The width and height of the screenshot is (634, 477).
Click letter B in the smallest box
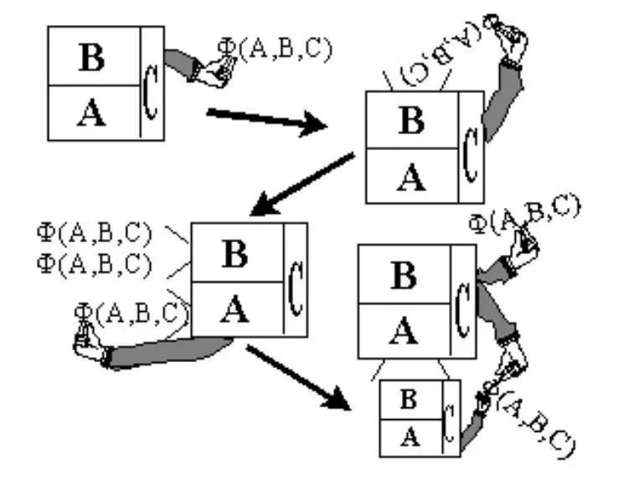coord(408,400)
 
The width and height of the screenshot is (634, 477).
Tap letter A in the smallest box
coord(408,436)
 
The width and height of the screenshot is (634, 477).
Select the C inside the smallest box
coord(450,420)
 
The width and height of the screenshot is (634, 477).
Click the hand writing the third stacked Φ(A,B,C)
coord(87,343)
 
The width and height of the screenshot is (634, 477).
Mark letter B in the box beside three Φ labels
coord(235,254)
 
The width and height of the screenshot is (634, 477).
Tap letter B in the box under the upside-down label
coord(411,121)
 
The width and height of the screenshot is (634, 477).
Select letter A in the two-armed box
coord(405,333)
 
